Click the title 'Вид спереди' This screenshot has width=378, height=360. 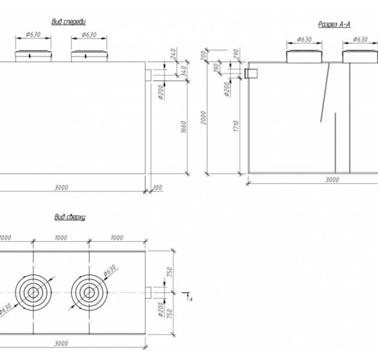pos(73,22)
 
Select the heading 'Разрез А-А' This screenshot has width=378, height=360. pos(334,24)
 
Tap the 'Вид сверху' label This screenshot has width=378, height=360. pos(70,217)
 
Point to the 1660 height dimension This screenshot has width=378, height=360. pos(184,128)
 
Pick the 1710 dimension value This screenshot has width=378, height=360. pos(237,126)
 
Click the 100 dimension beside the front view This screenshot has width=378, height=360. pos(158,188)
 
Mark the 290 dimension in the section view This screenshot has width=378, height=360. pos(237,55)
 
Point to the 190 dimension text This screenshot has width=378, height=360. pos(217,68)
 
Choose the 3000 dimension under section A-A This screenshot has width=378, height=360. pos(332,179)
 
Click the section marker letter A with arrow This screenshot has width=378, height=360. pos(190,298)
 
